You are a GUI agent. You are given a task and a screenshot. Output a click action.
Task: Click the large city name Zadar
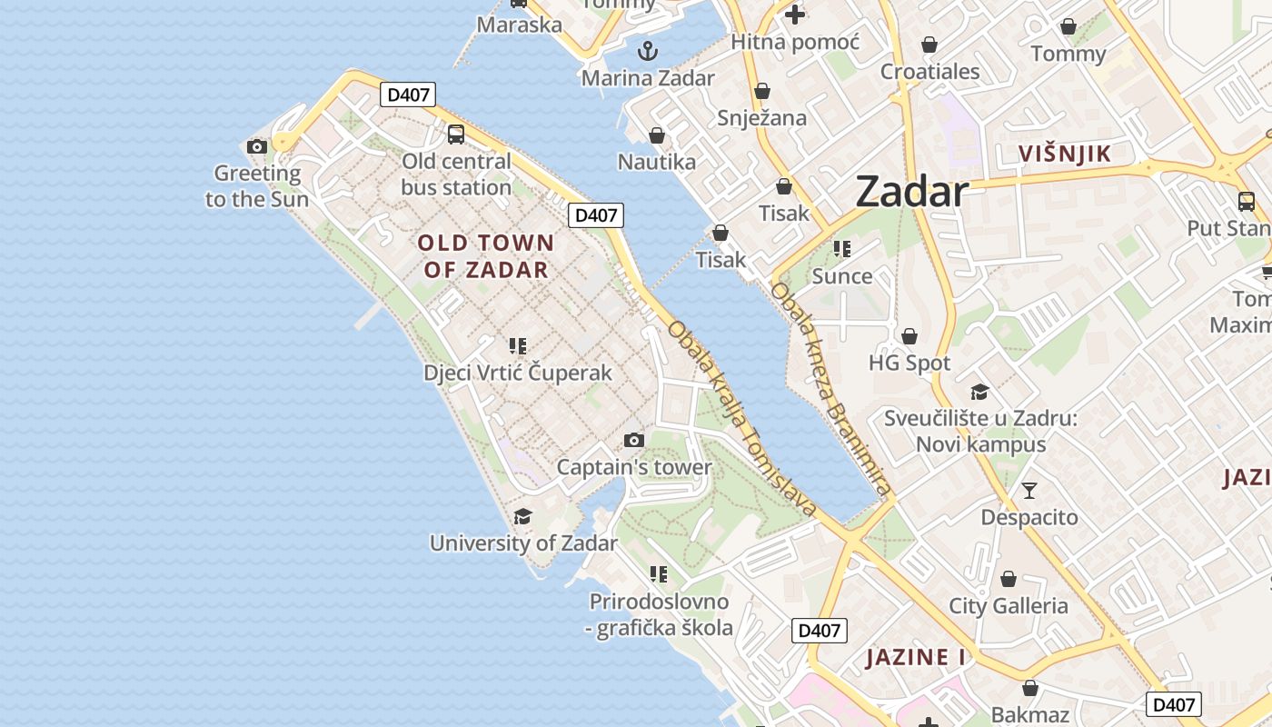click(x=911, y=192)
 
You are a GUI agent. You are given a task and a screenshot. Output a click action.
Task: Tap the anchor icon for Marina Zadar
click(x=647, y=51)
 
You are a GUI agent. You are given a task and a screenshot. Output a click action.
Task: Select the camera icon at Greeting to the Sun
click(x=257, y=146)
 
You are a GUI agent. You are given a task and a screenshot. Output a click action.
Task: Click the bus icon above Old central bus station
click(x=456, y=134)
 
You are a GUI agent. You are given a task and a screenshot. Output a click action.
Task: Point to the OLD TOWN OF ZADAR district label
click(x=486, y=255)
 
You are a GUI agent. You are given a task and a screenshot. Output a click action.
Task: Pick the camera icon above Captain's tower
click(x=634, y=441)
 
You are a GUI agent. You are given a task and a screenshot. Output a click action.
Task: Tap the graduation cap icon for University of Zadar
click(x=522, y=517)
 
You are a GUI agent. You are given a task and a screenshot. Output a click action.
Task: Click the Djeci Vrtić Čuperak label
click(x=518, y=373)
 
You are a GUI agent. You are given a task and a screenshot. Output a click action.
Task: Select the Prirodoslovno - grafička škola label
click(x=660, y=614)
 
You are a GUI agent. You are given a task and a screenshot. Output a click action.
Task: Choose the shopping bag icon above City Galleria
click(x=1008, y=579)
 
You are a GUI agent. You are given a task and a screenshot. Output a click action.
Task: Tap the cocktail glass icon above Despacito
click(x=1029, y=491)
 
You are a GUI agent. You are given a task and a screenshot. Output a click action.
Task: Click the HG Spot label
click(x=909, y=363)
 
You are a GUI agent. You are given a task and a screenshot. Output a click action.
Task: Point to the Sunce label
click(x=842, y=276)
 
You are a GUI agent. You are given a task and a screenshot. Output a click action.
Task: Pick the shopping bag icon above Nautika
click(x=657, y=136)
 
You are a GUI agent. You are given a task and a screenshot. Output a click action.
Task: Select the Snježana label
click(x=762, y=117)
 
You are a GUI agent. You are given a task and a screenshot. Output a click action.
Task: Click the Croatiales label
click(x=930, y=72)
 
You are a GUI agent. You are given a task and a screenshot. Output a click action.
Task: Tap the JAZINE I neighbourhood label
click(x=915, y=657)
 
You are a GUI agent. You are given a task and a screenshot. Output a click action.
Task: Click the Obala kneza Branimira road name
click(x=829, y=391)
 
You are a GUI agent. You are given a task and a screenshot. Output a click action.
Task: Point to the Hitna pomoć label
click(x=795, y=42)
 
